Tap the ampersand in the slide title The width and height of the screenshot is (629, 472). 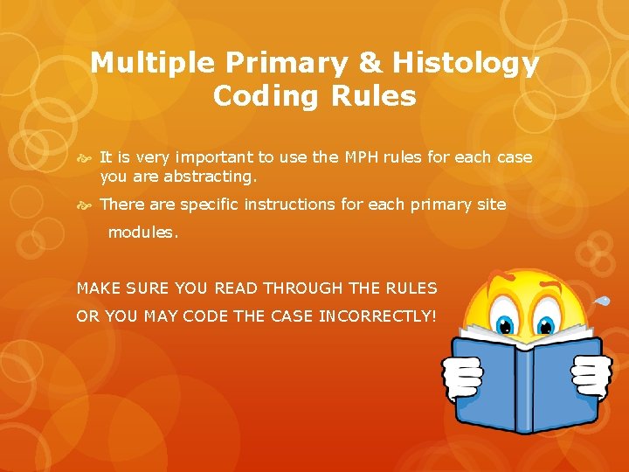[370, 63]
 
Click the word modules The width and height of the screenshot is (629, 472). [142, 233]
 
